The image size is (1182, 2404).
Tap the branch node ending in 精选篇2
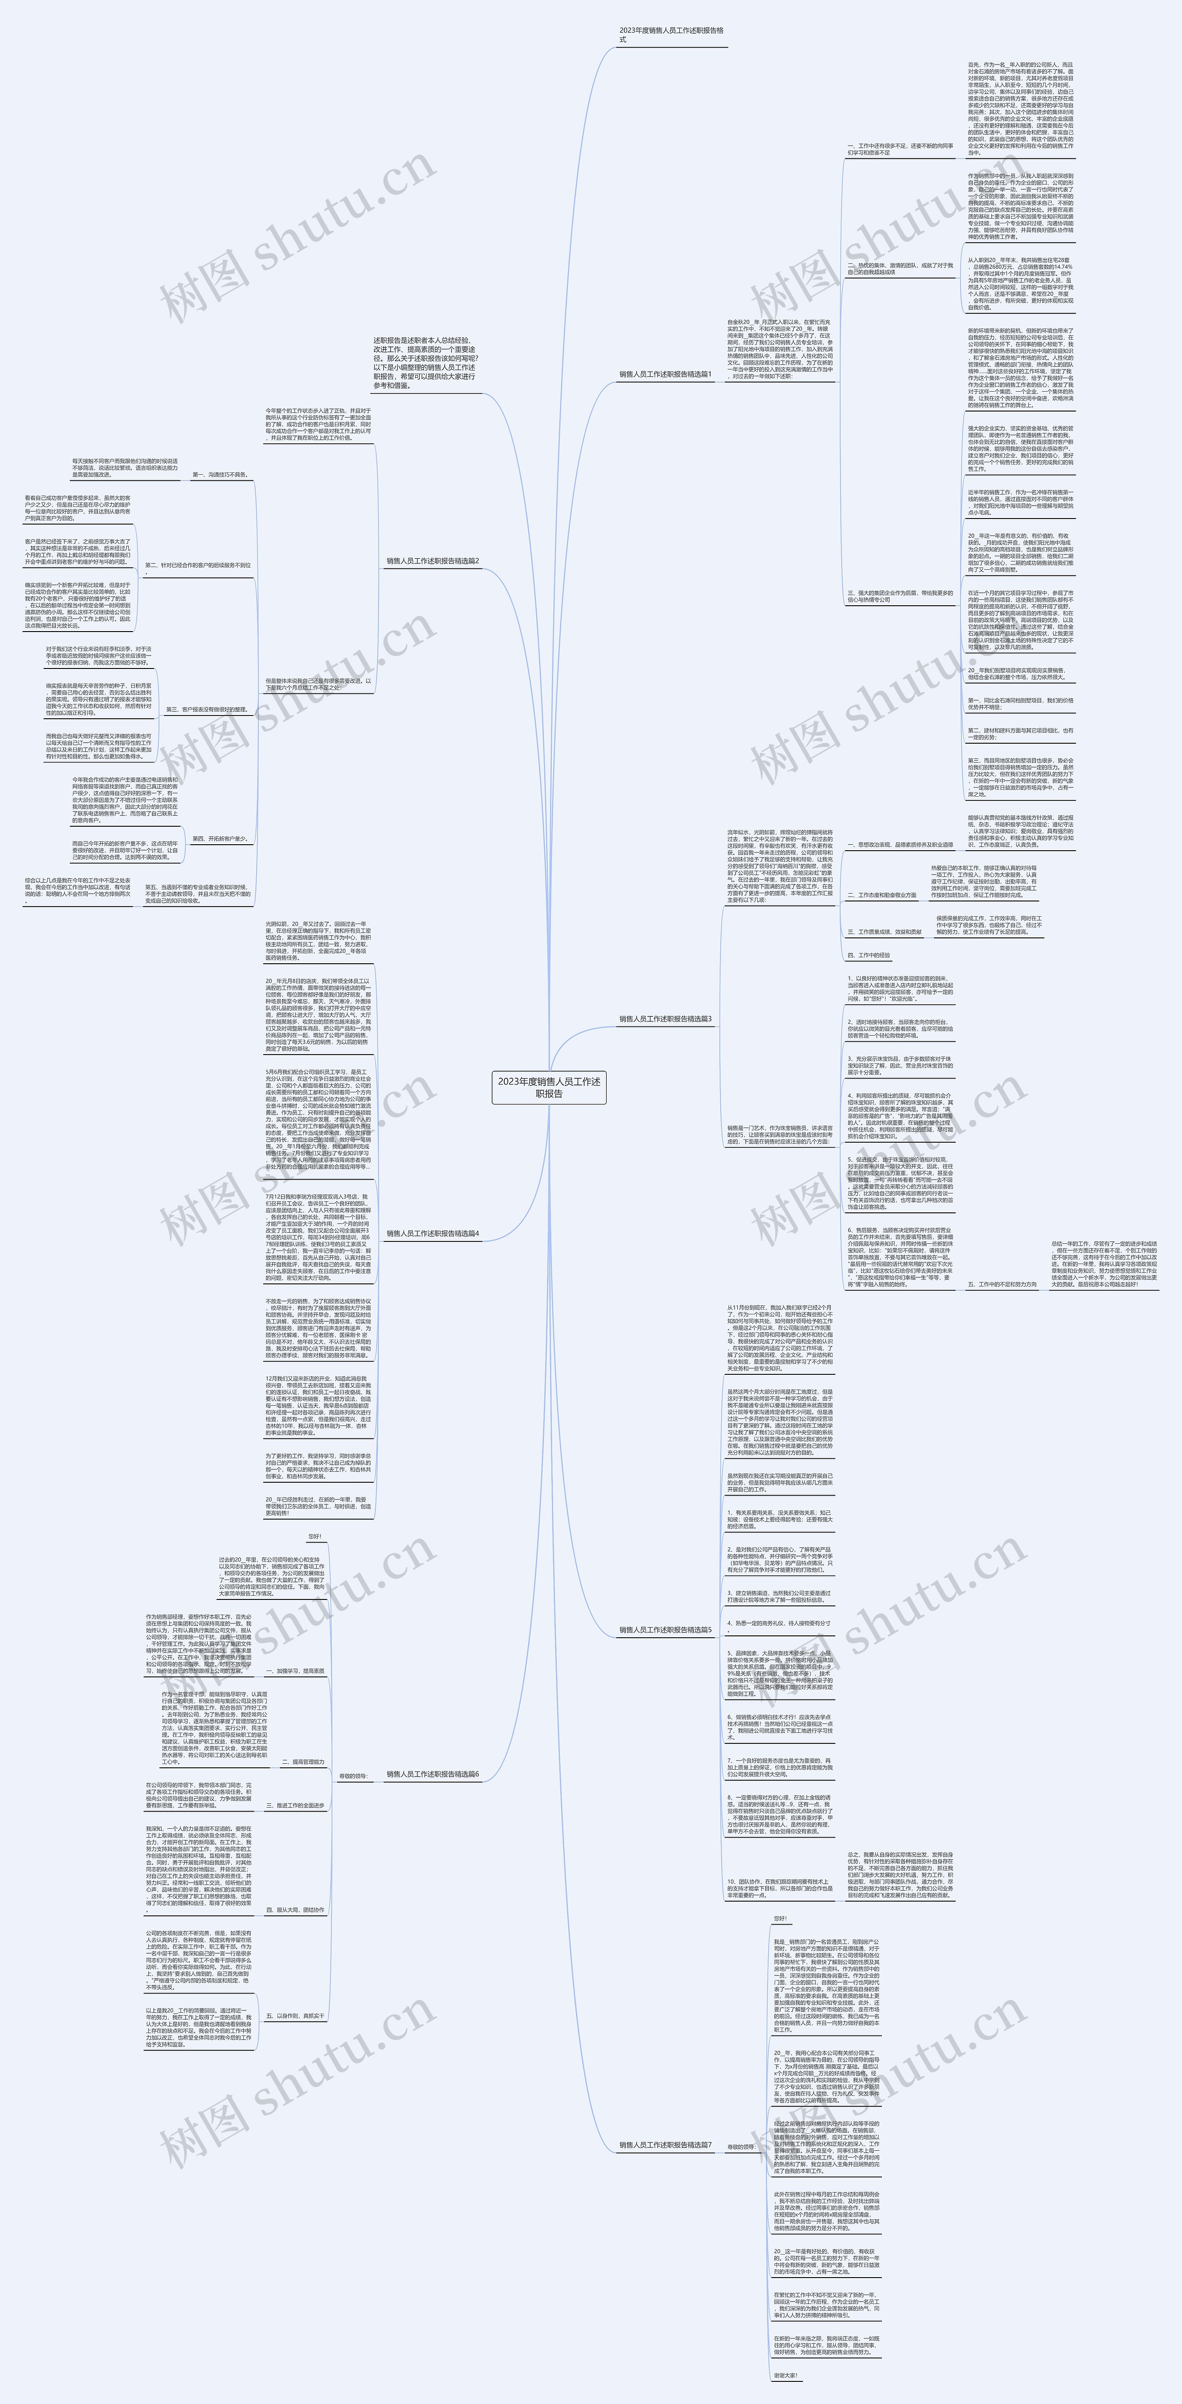(x=432, y=561)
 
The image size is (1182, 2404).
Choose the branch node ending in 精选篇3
(x=665, y=1019)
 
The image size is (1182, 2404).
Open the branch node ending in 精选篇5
(x=665, y=1629)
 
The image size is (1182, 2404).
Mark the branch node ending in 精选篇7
(x=665, y=2146)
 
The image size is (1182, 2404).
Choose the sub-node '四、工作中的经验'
(x=868, y=955)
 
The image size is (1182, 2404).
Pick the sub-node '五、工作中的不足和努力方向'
(x=1001, y=1284)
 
